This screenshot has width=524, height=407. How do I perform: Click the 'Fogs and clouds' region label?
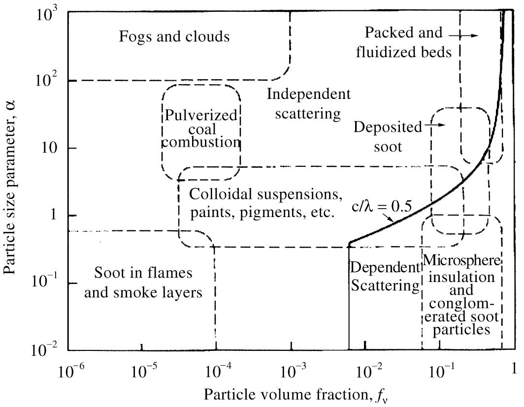coord(174,36)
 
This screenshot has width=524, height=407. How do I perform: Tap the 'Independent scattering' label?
coord(309,104)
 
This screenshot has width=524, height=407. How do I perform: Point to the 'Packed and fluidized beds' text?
coord(404,42)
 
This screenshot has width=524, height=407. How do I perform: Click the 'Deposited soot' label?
coord(388,136)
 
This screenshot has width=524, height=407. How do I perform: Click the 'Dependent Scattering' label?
coord(384,277)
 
